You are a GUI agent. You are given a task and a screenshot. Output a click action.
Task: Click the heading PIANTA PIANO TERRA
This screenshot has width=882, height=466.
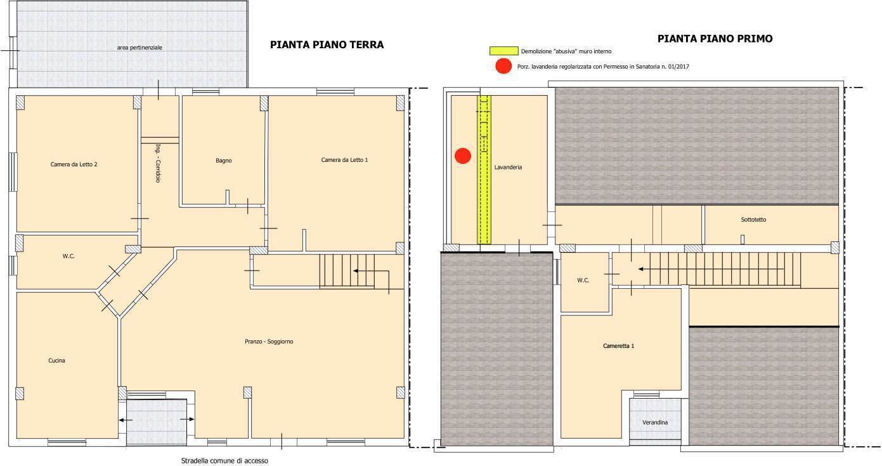[x=327, y=44]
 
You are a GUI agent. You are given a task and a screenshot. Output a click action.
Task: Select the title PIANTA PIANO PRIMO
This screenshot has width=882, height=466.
[x=715, y=39]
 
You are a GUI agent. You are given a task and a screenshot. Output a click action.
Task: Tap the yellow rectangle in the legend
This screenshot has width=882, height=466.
[x=503, y=51]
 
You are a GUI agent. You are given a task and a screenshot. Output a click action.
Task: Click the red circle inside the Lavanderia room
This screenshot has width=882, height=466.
[x=463, y=156]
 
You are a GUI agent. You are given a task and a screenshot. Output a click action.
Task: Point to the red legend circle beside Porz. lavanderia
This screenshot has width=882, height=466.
[x=503, y=66]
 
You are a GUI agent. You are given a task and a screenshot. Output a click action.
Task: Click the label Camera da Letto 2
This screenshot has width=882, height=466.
[x=74, y=164]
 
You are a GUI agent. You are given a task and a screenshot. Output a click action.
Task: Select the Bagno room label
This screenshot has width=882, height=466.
[x=224, y=161]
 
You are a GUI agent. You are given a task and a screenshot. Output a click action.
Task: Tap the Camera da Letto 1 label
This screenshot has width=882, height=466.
[x=344, y=159]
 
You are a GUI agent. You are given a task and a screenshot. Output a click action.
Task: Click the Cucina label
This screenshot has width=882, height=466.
[x=56, y=361]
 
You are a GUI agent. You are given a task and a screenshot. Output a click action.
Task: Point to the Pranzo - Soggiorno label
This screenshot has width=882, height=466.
[x=269, y=342]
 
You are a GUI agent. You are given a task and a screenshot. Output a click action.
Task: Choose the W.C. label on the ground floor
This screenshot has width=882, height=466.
[x=68, y=256]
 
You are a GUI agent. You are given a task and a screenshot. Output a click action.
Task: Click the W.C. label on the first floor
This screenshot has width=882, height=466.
[x=583, y=281]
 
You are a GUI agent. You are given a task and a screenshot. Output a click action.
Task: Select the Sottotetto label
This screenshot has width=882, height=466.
[x=754, y=220]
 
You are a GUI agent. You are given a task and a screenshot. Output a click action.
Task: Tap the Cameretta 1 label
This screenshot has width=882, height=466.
[x=619, y=346]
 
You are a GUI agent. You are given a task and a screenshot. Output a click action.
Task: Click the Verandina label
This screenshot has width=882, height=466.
[x=655, y=422]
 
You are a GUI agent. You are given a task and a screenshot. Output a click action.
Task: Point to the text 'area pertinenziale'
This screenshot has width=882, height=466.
[x=139, y=48]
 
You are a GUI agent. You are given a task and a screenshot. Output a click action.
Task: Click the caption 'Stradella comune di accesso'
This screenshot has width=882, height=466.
[x=224, y=460]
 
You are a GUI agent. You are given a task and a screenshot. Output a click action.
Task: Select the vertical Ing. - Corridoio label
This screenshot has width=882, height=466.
[x=158, y=163]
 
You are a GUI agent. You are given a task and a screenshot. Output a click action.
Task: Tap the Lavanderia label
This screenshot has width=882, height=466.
[x=508, y=167]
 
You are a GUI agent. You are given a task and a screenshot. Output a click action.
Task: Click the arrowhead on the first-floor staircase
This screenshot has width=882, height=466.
[x=640, y=269]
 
